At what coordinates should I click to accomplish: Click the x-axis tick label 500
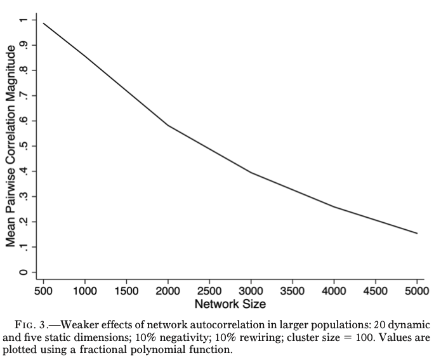(x=43, y=291)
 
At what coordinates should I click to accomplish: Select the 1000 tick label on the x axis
(x=85, y=291)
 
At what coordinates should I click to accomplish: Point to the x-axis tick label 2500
(x=209, y=291)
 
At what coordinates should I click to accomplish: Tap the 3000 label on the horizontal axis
(x=251, y=291)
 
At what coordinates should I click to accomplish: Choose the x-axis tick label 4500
(x=376, y=291)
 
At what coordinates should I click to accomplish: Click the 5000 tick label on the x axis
(x=417, y=291)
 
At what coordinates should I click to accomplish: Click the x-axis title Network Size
(x=230, y=303)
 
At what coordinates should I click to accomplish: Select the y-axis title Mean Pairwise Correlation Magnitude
(x=11, y=146)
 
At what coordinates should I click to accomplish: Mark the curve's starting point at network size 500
(x=43, y=23)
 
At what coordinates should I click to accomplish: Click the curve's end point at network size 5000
(x=417, y=233)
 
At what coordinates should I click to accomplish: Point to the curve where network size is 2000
(x=168, y=126)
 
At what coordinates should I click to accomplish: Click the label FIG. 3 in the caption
(x=36, y=324)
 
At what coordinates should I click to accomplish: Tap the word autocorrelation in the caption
(x=201, y=324)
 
